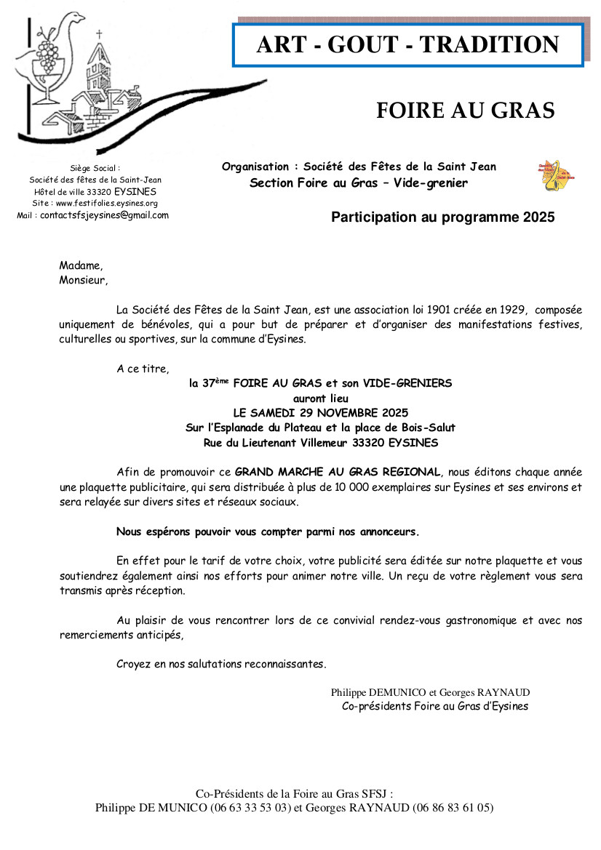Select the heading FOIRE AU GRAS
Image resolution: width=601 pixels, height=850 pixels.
pyautogui.click(x=465, y=110)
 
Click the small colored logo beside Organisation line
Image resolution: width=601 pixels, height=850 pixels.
pyautogui.click(x=556, y=176)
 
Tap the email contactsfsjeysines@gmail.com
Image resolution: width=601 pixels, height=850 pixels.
pyautogui.click(x=104, y=215)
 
